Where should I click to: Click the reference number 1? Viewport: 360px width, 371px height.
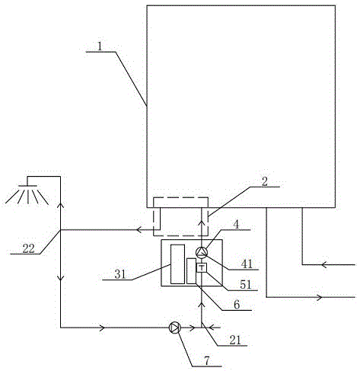[x=100, y=46]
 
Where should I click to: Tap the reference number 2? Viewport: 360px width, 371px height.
[x=264, y=181]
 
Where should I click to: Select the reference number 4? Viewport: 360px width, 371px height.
[x=236, y=225]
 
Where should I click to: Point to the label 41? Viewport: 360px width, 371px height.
[x=247, y=264]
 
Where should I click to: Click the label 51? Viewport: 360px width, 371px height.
[x=246, y=285]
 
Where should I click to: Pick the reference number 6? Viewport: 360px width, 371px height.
[x=237, y=305]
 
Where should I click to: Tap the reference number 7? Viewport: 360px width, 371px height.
[x=207, y=360]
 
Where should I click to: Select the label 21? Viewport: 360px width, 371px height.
[x=235, y=341]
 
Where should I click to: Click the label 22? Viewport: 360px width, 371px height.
[x=28, y=248]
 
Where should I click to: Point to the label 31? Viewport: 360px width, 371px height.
[x=120, y=274]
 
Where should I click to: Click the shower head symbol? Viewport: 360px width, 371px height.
[x=27, y=194]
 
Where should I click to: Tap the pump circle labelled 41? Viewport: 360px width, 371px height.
[x=202, y=252]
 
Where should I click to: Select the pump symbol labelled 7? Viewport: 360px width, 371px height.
[x=174, y=328]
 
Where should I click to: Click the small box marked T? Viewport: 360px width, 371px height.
[x=202, y=267]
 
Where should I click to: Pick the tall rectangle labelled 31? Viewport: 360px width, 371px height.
[x=177, y=264]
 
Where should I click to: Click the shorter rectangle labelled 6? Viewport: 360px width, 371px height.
[x=191, y=271]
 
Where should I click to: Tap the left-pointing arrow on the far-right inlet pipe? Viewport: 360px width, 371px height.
[x=323, y=265]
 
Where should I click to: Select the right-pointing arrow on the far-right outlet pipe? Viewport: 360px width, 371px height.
[x=319, y=297]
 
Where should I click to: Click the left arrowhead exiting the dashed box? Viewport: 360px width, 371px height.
[x=139, y=230]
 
